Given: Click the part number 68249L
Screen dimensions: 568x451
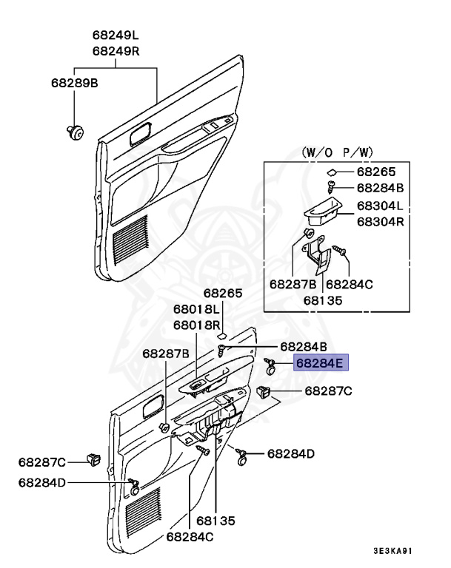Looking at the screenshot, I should [x=116, y=35].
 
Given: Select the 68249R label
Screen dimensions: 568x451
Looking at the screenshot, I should [x=116, y=50].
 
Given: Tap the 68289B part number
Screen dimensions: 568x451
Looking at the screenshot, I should [x=74, y=83].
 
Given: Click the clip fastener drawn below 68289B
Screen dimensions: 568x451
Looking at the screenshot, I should [x=74, y=132].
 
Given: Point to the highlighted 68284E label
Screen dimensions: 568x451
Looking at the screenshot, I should [x=320, y=363].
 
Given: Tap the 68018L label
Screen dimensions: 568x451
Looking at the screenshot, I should [x=197, y=309].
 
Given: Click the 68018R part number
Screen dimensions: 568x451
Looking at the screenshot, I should [x=197, y=325].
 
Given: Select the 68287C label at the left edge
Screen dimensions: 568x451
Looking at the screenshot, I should [x=42, y=462].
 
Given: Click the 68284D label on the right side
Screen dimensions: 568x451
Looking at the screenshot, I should [x=291, y=453].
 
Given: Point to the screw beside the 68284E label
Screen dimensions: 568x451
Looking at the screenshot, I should [x=272, y=363].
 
